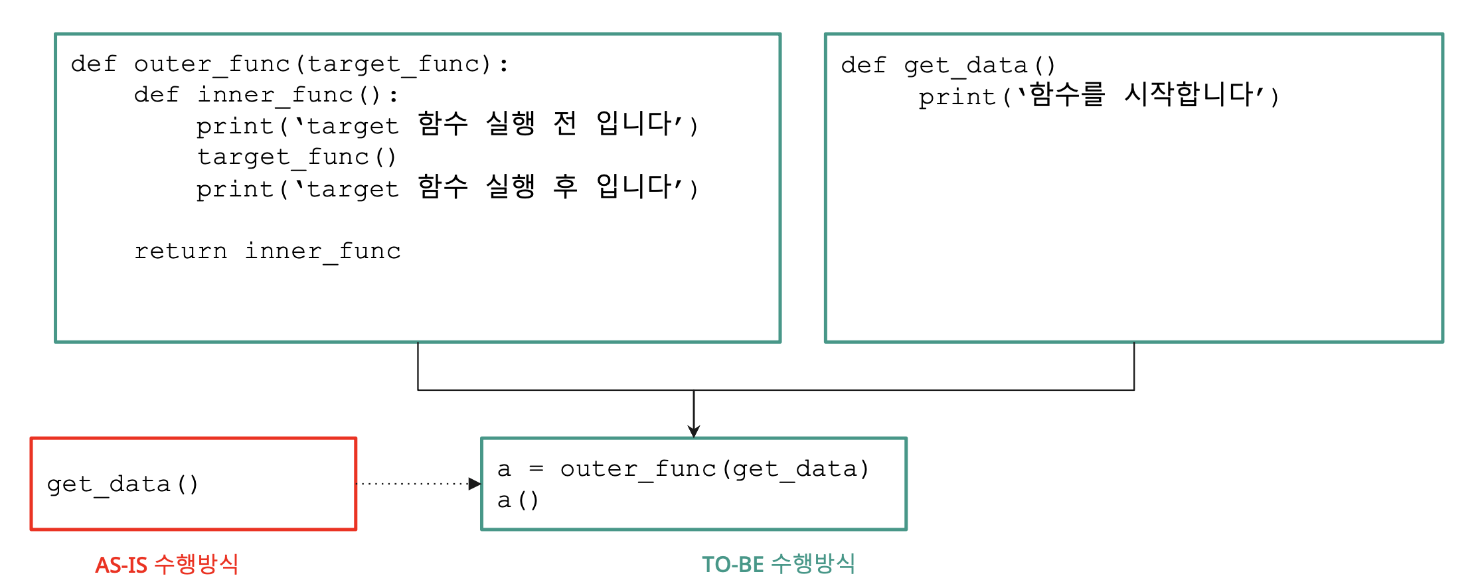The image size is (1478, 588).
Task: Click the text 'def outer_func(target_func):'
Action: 289,64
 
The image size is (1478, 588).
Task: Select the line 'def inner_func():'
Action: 266,95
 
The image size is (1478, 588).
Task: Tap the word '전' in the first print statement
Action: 564,123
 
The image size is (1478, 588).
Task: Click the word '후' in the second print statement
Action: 565,186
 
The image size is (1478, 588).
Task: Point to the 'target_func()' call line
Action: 297,157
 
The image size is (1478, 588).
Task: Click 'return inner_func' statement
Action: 268,252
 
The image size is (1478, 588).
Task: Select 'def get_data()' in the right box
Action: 947,66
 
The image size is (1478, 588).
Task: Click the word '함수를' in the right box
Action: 1066,94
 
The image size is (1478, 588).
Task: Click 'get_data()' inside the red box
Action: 123,484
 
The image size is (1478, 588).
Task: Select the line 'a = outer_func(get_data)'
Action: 683,469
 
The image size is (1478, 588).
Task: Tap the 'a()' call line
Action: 518,500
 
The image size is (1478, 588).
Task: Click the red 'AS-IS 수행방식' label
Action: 167,565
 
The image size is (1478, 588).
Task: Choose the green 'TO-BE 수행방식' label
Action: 778,564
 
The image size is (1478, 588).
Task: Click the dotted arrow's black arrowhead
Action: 474,484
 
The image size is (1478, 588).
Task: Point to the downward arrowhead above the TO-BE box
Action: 694,431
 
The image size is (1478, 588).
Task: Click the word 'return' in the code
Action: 181,252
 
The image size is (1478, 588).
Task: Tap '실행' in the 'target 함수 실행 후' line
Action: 510,186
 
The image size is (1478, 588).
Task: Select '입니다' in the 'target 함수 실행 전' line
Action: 634,123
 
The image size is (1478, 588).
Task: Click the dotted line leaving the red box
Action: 412,484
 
